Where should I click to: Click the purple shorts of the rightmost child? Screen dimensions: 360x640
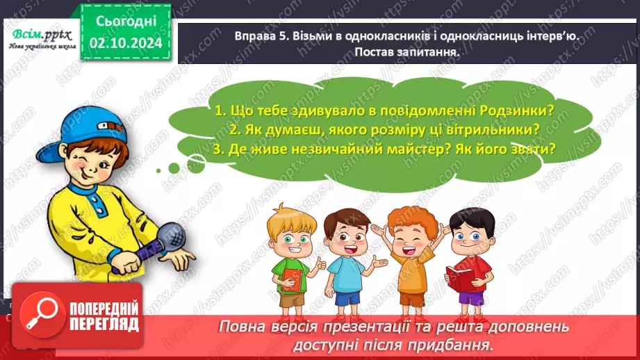click(471, 297)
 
